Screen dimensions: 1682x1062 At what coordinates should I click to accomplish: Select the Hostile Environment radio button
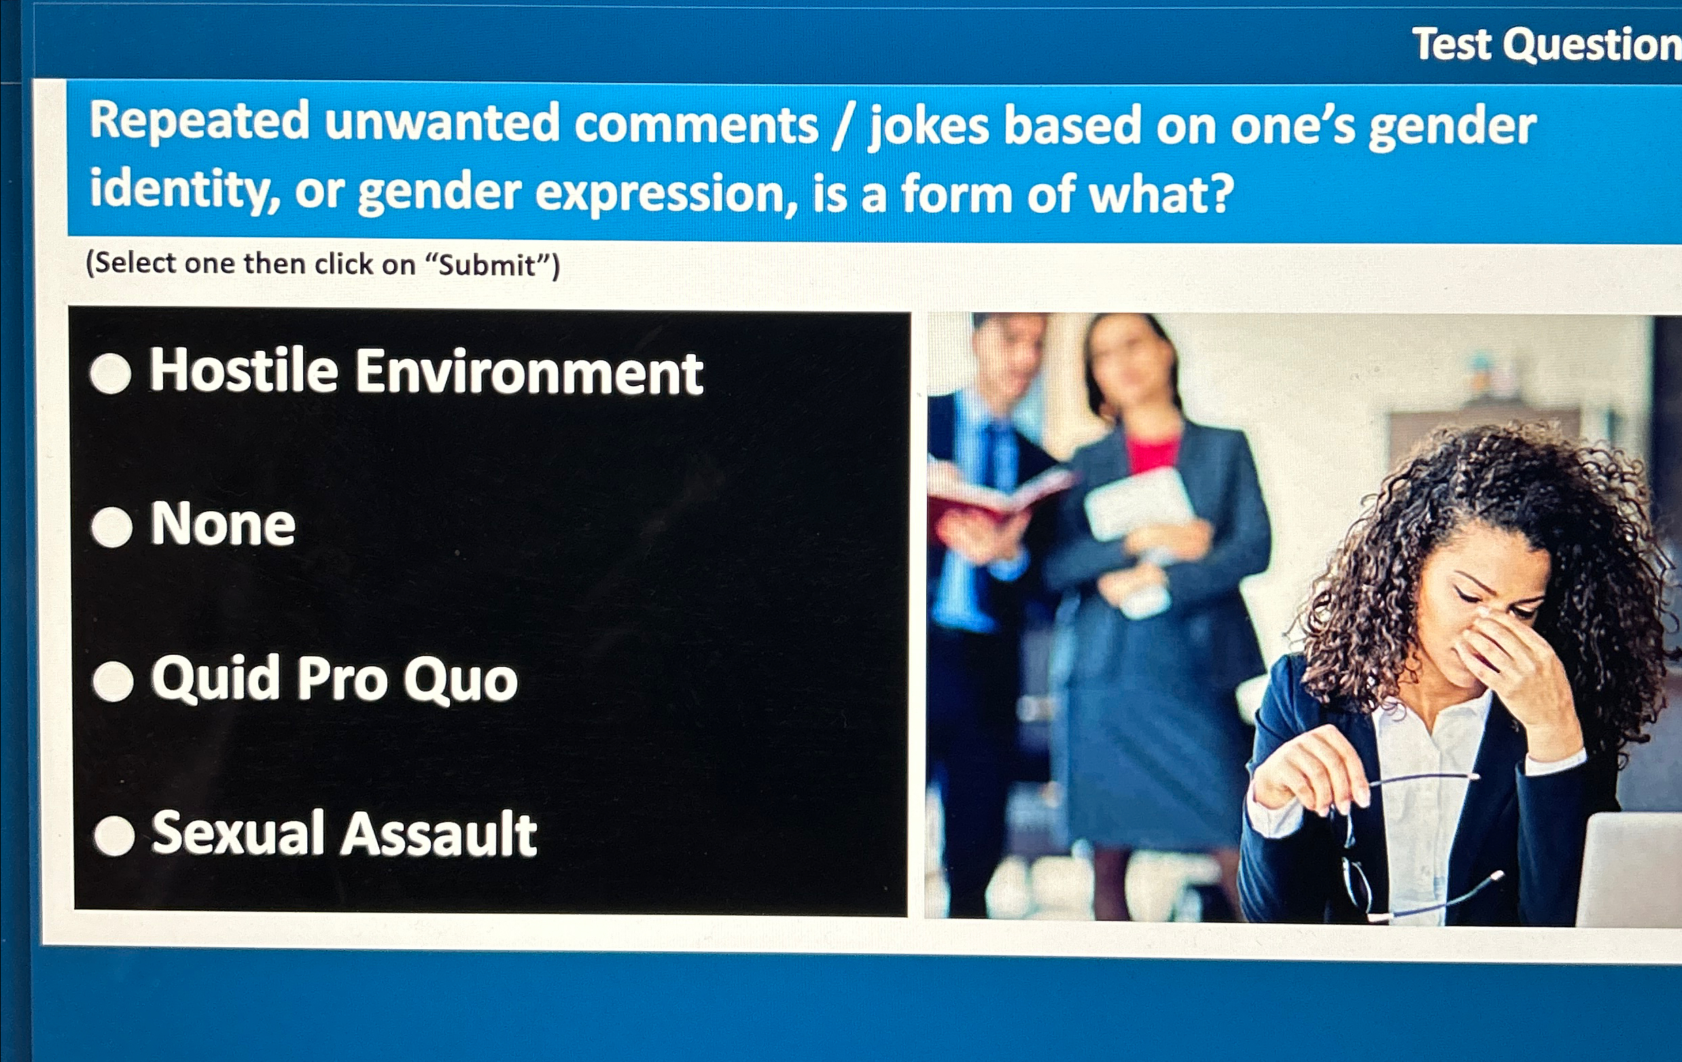coord(111,373)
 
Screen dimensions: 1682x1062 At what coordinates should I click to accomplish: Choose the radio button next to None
coord(111,526)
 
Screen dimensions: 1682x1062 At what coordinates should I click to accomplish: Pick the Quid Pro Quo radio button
coord(113,681)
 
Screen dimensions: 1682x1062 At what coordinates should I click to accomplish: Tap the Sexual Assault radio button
coord(114,836)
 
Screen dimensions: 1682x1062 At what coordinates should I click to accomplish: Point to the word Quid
coord(216,678)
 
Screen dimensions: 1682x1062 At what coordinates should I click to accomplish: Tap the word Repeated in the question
coord(199,121)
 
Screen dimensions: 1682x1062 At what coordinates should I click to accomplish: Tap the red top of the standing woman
coord(1153,453)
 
